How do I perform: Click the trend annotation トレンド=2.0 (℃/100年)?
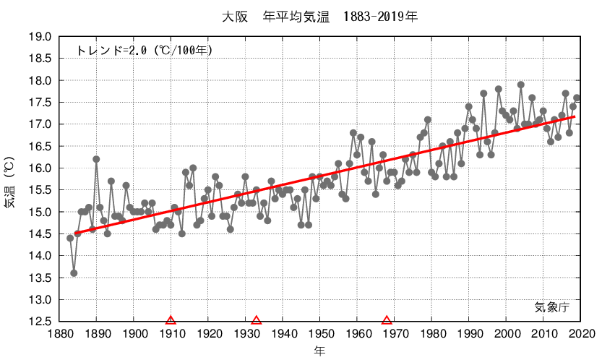[144, 51]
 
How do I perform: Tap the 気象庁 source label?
[552, 307]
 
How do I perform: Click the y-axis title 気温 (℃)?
[9, 179]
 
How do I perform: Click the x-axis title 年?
[319, 351]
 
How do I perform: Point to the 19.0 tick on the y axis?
[40, 37]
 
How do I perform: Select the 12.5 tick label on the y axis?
[40, 322]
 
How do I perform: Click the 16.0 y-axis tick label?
[40, 168]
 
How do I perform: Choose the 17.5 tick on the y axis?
[40, 103]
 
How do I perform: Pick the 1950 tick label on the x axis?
[321, 333]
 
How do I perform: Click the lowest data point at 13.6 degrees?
[74, 273]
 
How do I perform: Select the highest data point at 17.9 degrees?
[520, 85]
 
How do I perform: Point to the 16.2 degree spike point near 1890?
[96, 159]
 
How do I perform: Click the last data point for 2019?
[577, 98]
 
